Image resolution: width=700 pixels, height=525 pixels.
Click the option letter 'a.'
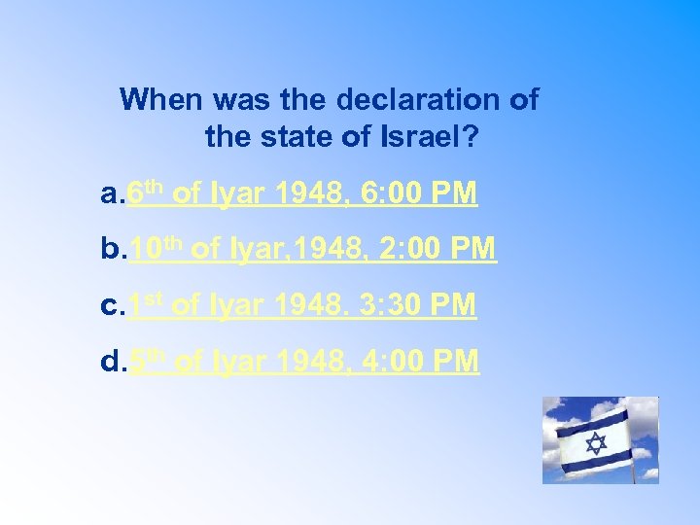click(x=113, y=193)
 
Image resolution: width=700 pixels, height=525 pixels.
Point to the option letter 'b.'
click(x=113, y=250)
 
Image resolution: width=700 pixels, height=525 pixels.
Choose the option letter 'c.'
click(x=113, y=305)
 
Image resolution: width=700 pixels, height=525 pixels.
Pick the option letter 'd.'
click(x=113, y=362)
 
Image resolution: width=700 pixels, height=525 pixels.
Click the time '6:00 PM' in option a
click(x=418, y=193)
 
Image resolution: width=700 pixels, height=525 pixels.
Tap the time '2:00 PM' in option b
click(x=437, y=250)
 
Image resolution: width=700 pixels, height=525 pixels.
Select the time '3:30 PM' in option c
click(x=418, y=305)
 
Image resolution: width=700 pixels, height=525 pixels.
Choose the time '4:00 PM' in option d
click(x=420, y=362)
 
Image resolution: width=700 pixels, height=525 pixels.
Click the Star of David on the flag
click(x=596, y=443)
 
